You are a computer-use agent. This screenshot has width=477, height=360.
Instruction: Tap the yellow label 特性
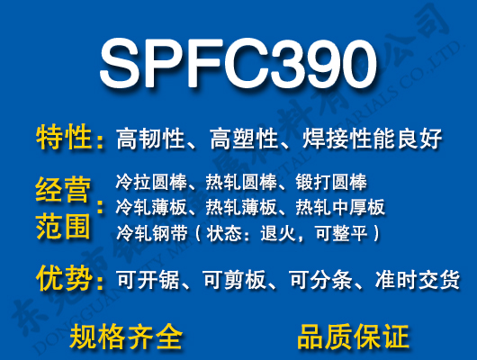pyautogui.click(x=64, y=139)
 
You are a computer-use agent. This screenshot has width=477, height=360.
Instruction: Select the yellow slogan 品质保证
pyautogui.click(x=353, y=337)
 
